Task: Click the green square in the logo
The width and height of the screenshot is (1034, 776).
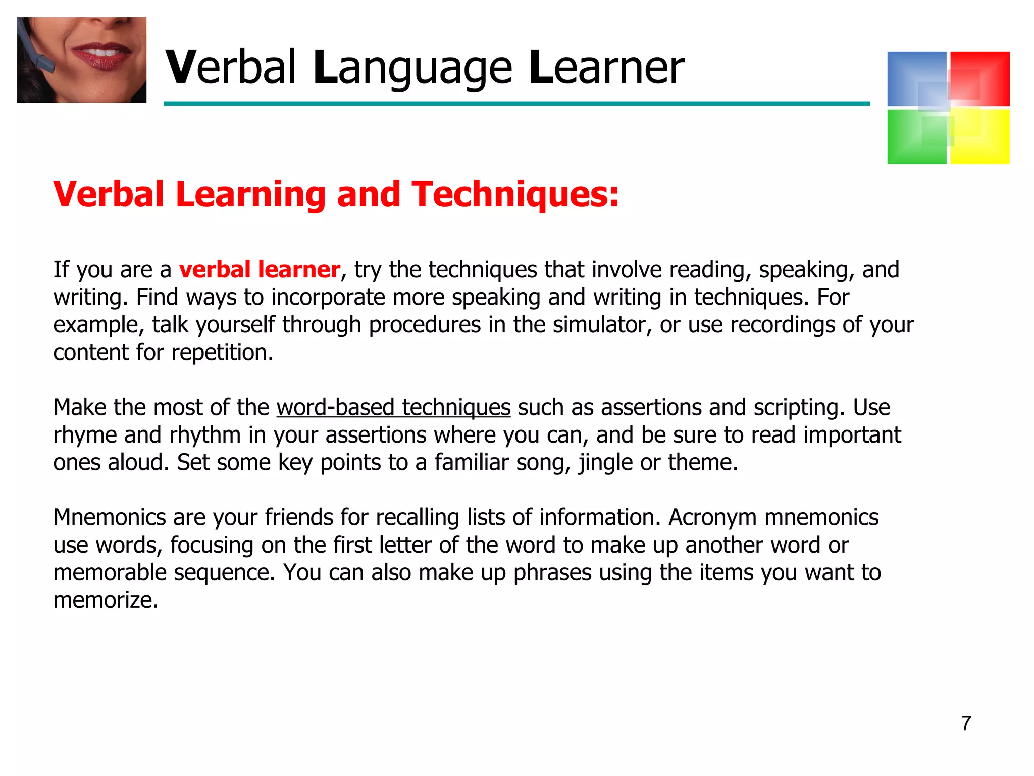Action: click(x=916, y=137)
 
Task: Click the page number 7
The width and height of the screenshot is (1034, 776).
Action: click(x=966, y=723)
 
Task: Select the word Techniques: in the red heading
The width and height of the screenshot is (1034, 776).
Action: click(x=515, y=195)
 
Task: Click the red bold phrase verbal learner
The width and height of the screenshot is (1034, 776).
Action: click(x=260, y=269)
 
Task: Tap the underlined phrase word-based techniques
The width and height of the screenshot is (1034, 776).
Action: click(x=393, y=407)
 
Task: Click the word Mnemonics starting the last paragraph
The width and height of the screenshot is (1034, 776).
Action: click(x=110, y=517)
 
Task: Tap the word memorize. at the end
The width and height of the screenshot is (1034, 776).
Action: click(x=106, y=600)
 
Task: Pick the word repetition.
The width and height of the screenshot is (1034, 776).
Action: click(x=222, y=353)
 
